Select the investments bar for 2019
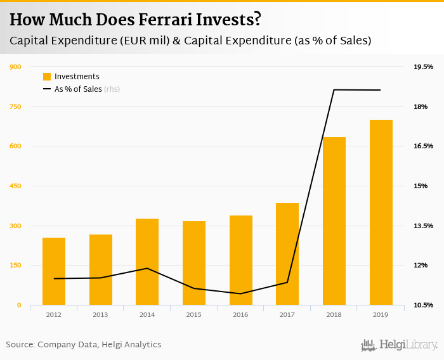381,212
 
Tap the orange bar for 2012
54,271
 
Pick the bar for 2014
147,262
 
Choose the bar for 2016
241,260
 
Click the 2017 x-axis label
287,314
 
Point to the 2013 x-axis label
100,314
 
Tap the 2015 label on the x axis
194,314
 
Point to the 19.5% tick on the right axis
423,67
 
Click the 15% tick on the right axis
421,186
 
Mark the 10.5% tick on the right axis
423,305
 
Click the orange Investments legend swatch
47,77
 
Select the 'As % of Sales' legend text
78,89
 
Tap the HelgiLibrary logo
400,345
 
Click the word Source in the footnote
20,345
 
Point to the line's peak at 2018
334,90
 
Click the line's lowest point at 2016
241,293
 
